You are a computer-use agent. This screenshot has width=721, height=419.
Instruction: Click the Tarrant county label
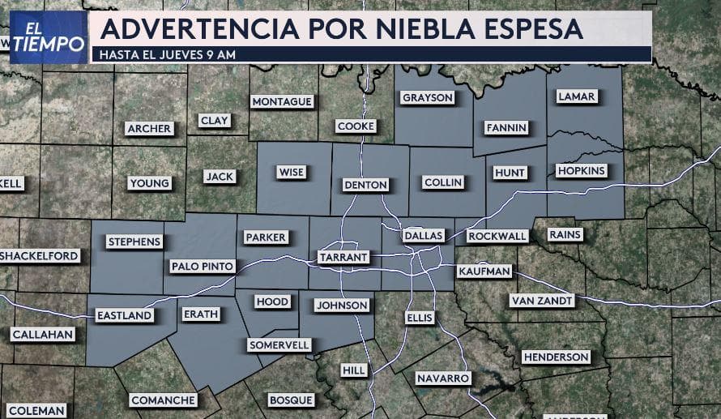(343, 257)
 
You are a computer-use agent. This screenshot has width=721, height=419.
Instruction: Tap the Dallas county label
(424, 235)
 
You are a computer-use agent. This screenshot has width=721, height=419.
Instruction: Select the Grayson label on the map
(428, 97)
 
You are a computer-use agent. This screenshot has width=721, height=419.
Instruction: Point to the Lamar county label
(577, 96)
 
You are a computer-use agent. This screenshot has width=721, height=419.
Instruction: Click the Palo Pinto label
(203, 266)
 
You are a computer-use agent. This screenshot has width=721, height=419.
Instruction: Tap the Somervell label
(279, 344)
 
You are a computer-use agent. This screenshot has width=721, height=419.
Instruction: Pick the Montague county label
(282, 101)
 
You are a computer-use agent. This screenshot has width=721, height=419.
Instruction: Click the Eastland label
(125, 315)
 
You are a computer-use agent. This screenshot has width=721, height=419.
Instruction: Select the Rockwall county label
(497, 236)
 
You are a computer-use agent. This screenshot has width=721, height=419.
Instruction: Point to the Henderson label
(556, 357)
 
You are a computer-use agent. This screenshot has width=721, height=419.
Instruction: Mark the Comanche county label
(163, 400)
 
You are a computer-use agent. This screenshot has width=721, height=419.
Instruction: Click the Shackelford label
(41, 256)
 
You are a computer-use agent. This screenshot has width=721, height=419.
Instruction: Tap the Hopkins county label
(581, 171)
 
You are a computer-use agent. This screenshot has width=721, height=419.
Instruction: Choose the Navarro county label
(443, 378)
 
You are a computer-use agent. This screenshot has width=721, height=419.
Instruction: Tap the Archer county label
(149, 128)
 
